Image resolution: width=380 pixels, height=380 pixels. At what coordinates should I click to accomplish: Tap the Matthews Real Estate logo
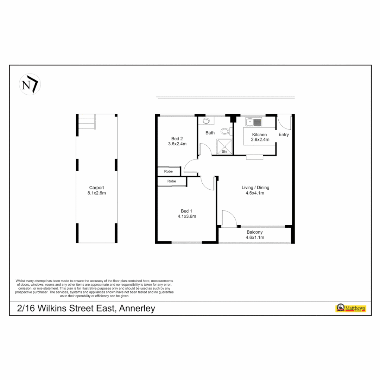(351, 308)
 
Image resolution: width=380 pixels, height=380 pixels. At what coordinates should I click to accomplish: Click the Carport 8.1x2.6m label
(96, 190)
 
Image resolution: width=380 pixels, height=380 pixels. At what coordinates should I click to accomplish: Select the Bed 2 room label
(177, 141)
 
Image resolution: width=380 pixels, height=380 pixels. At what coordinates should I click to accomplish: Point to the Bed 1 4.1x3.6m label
(186, 214)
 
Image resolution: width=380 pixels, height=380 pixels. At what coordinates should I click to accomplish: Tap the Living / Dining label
(255, 190)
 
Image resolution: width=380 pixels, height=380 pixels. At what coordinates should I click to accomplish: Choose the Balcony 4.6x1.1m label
(255, 235)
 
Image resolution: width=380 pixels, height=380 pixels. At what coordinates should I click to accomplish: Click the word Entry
(284, 134)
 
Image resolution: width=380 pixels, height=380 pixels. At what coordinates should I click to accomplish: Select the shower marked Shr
(224, 146)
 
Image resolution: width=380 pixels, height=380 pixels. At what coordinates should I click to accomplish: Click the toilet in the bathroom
(226, 132)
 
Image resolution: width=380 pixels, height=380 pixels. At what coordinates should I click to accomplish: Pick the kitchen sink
(254, 122)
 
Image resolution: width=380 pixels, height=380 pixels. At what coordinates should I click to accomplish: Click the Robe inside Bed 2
(169, 171)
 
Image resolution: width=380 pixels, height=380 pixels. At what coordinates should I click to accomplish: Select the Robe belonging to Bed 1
(172, 181)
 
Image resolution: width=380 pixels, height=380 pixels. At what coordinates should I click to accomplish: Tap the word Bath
(210, 133)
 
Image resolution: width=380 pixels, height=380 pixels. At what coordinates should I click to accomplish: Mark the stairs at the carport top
(87, 122)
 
